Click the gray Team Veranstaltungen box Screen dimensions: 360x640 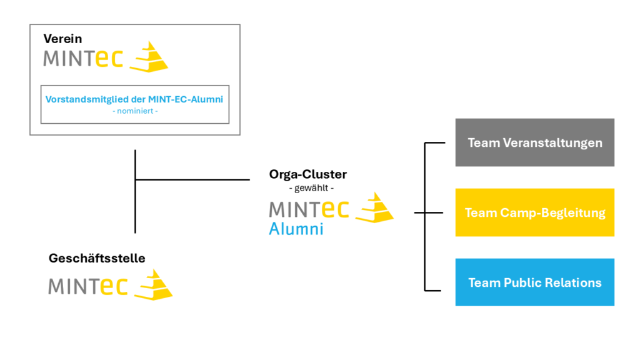(x=534, y=142)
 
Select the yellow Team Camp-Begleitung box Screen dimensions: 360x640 (x=534, y=212)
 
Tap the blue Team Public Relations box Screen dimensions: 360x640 (x=534, y=282)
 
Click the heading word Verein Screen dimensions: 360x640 (x=62, y=39)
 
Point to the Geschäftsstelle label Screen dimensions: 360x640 (x=97, y=258)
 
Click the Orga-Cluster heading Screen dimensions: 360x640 (x=308, y=174)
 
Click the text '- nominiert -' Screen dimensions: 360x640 (x=134, y=111)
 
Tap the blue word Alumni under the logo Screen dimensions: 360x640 (x=296, y=229)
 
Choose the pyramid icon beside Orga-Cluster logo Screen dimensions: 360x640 (x=374, y=207)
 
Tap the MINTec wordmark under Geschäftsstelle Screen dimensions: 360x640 (x=87, y=286)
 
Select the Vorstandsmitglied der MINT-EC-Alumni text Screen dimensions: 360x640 (x=134, y=99)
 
